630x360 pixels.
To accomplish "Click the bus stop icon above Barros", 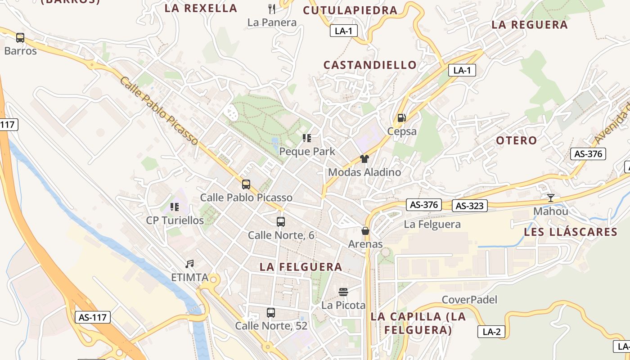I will click(x=20, y=38).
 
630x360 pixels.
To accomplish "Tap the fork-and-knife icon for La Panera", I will click(x=272, y=9).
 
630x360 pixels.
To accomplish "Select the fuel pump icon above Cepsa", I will click(x=401, y=118).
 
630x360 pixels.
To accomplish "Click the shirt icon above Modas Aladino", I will click(x=364, y=158).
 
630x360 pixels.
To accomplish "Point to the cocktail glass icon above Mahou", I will click(x=550, y=198).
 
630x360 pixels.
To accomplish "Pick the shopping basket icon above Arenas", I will click(x=365, y=231).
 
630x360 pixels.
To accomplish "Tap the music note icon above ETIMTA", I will click(x=189, y=264).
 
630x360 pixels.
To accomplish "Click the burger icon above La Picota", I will click(x=343, y=292).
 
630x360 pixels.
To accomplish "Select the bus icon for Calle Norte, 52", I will click(x=271, y=312).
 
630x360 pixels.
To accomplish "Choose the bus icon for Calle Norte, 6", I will click(x=281, y=221).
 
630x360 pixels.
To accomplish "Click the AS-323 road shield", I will click(x=470, y=206).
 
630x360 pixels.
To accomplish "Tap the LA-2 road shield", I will click(x=491, y=332).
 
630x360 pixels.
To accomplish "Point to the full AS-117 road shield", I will click(x=93, y=317).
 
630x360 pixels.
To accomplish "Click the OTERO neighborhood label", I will click(x=517, y=140).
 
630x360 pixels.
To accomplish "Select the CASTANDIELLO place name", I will click(x=370, y=65).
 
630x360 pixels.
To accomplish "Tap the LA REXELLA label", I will click(x=201, y=8).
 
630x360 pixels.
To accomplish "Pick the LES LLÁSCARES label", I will click(x=570, y=232).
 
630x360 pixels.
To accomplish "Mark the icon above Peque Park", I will click(x=307, y=138).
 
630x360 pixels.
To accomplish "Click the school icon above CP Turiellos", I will click(x=175, y=207).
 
